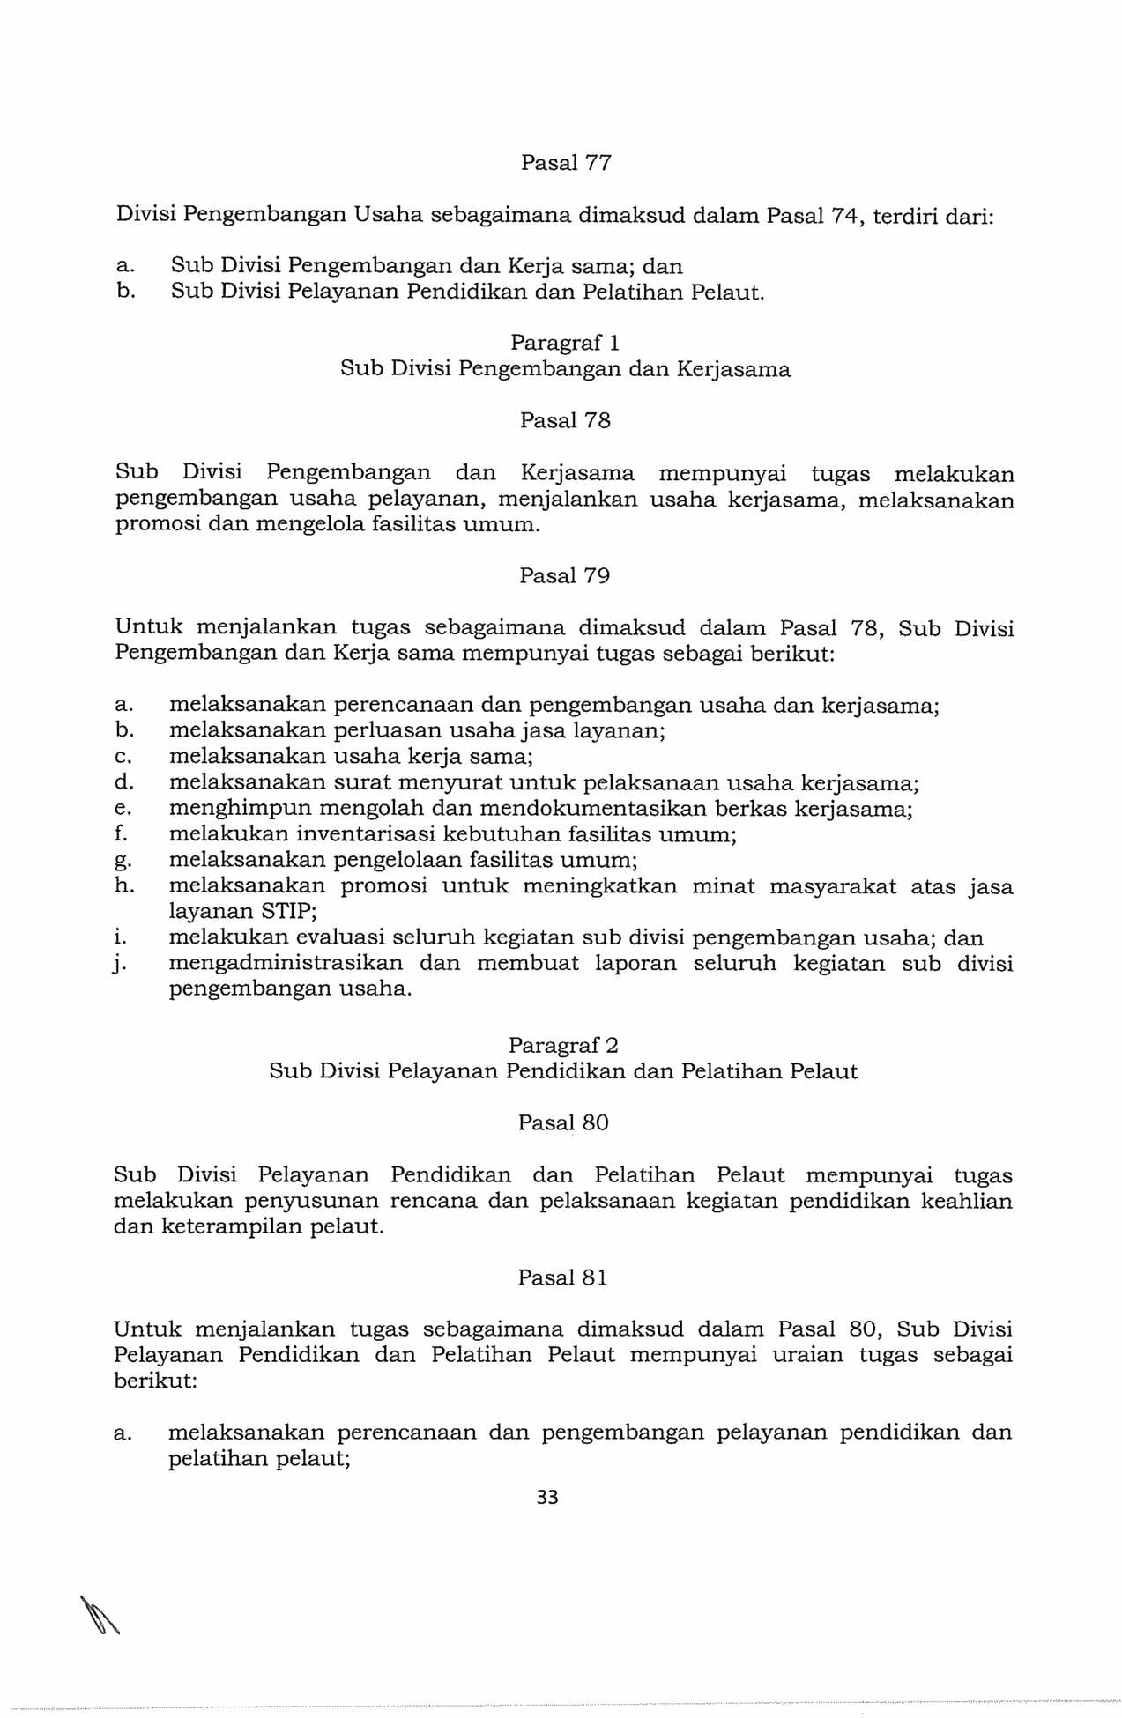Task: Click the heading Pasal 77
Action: pyautogui.click(x=566, y=163)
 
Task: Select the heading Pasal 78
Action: pyautogui.click(x=565, y=420)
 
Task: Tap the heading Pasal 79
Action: pyautogui.click(x=565, y=576)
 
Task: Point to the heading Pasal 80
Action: pyautogui.click(x=563, y=1122)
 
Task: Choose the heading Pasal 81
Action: pyautogui.click(x=562, y=1277)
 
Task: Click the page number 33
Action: pyautogui.click(x=547, y=1497)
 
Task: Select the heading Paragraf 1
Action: pyautogui.click(x=565, y=342)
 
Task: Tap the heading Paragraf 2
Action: pyautogui.click(x=563, y=1045)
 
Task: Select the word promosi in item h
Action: pyautogui.click(x=384, y=886)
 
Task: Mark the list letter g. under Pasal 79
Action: pyautogui.click(x=123, y=861)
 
